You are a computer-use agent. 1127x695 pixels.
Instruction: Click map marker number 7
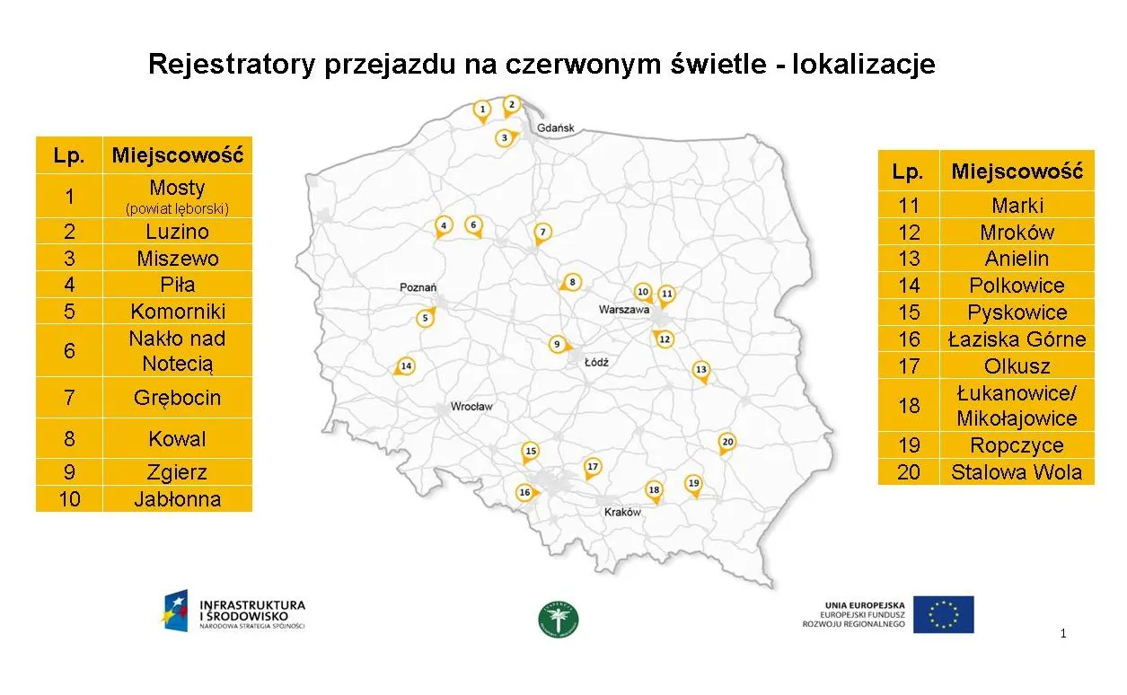[541, 233]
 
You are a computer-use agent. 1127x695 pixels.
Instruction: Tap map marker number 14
[406, 365]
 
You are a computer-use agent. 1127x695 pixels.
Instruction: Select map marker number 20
[727, 442]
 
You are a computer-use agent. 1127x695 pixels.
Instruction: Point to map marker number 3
[505, 137]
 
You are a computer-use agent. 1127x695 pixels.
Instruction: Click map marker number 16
[524, 492]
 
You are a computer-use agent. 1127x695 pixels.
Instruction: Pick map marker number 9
[557, 344]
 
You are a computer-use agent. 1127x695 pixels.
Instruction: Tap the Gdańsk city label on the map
[556, 128]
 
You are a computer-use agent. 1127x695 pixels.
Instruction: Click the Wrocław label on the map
[471, 407]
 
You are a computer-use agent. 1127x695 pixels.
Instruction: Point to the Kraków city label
[623, 512]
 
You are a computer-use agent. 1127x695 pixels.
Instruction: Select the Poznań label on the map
[418, 287]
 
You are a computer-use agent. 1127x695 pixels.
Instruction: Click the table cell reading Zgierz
[178, 472]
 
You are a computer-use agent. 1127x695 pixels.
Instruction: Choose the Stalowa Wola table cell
[1016, 472]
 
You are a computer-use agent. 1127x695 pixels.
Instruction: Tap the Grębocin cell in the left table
[178, 398]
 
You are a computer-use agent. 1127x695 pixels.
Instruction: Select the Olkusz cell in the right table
[1016, 365]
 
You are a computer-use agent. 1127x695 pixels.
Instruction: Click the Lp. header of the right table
[908, 171]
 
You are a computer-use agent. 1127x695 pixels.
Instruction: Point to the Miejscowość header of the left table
[178, 155]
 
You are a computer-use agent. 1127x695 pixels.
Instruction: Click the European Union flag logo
[943, 614]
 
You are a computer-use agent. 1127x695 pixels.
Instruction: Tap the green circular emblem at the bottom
[559, 620]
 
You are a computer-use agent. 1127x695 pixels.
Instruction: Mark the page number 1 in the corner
[1063, 634]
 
